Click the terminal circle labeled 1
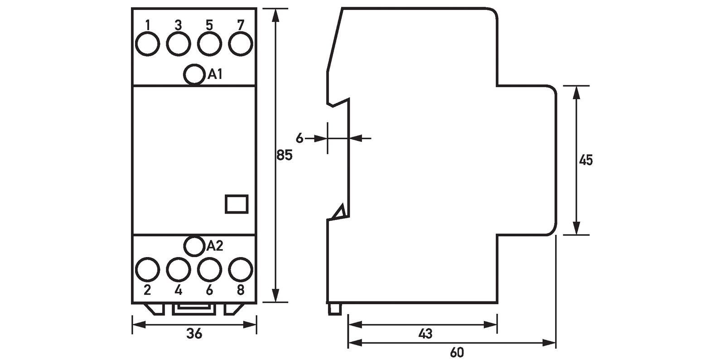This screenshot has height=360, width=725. coord(148,44)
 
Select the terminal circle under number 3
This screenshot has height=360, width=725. coord(178,44)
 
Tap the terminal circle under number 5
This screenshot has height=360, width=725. coord(209,44)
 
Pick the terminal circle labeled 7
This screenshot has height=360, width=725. coord(240,44)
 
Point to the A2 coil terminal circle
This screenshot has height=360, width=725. coord(194,245)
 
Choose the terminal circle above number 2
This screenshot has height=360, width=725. coord(148,270)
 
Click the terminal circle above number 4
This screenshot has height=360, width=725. coord(178,270)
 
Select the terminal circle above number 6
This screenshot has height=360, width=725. coord(209,270)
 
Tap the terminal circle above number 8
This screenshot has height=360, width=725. coord(240,270)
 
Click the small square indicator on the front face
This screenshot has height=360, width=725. coord(236,204)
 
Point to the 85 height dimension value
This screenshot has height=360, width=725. coord(285,156)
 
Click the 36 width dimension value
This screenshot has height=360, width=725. coord(194,334)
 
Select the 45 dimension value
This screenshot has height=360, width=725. coord(586,160)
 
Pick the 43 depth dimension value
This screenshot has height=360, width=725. coord(425,335)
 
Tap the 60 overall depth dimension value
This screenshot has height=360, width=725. coord(457,352)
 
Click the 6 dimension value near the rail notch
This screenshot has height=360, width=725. coord(299,138)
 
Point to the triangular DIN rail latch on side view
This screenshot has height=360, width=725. coord(339,213)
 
